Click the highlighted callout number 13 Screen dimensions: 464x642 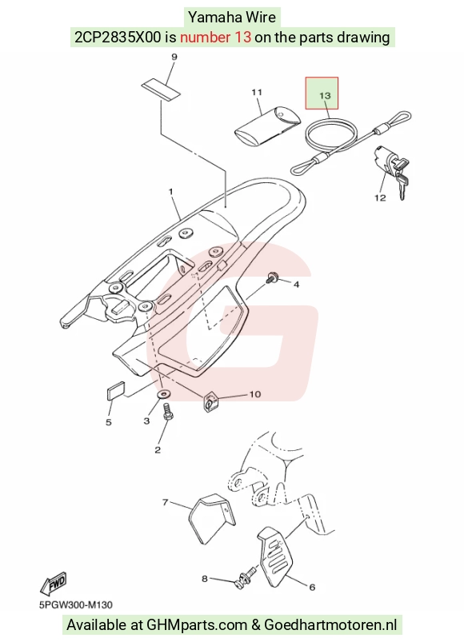[324, 95]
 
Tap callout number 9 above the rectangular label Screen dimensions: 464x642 [174, 57]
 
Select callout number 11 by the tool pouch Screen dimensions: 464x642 [257, 93]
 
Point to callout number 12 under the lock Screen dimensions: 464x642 [380, 197]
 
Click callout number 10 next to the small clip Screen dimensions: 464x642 [254, 394]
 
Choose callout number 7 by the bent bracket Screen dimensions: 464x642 [166, 501]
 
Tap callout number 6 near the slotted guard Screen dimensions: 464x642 [312, 587]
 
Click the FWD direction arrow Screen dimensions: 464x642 [54, 584]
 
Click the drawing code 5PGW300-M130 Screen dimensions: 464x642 [76, 604]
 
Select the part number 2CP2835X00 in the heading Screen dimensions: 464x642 [118, 38]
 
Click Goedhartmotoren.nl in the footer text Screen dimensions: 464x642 [330, 624]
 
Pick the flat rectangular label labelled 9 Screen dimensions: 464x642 [161, 90]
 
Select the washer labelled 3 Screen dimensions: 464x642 [164, 395]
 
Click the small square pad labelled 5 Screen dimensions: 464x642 [115, 391]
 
